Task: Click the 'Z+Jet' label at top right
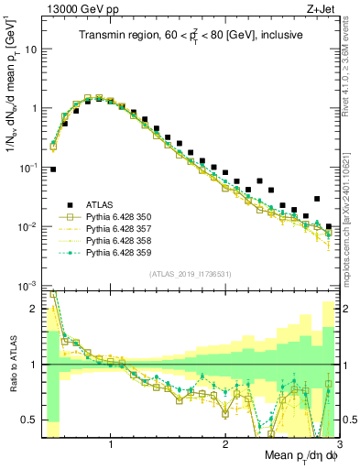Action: point(318,8)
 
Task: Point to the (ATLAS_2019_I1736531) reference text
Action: point(190,274)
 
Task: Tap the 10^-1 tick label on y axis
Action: point(27,168)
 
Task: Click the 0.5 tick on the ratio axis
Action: point(28,420)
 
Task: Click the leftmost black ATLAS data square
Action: point(53,169)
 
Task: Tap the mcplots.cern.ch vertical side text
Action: point(351,220)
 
